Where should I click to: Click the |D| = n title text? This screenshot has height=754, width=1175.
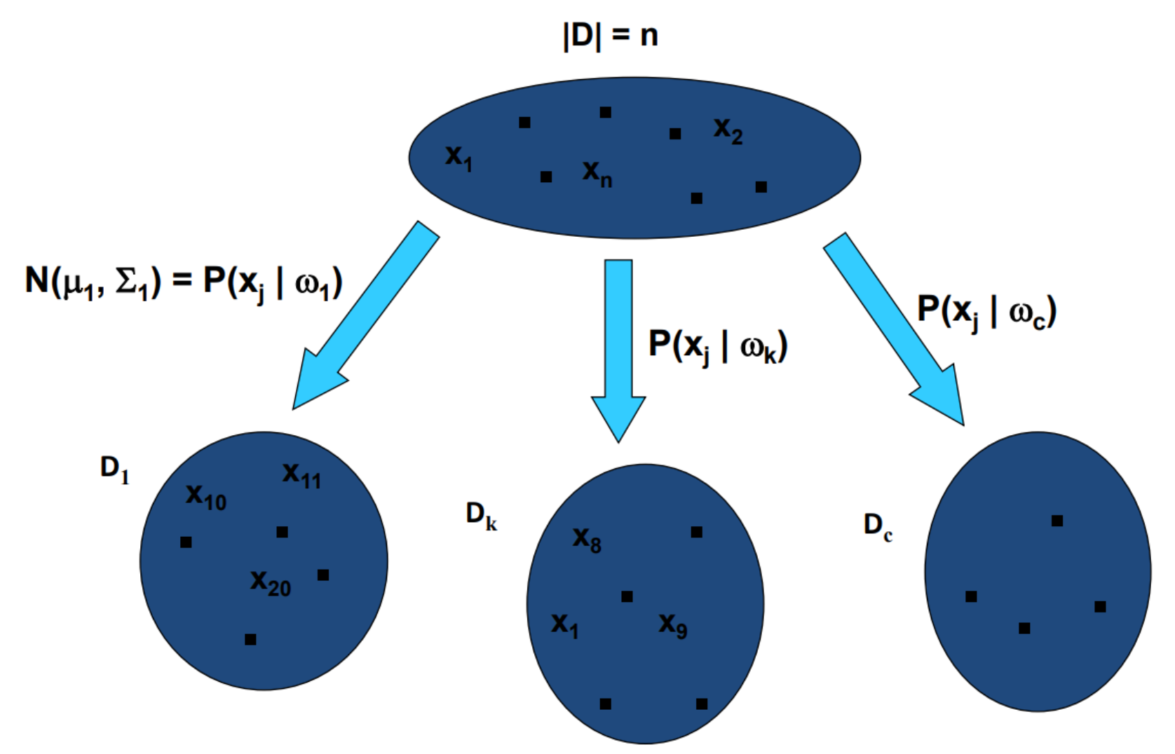point(610,35)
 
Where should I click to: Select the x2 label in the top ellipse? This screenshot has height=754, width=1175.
point(728,130)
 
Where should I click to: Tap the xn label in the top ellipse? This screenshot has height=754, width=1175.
point(597,173)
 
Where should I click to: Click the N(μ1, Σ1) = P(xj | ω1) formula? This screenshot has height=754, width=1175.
point(184,282)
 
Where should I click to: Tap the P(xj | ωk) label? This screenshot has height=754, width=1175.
point(718,345)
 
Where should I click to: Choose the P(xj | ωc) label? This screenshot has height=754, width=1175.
point(986,310)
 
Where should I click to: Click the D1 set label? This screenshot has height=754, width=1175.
point(115,469)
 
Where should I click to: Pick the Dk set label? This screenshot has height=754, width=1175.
point(482,516)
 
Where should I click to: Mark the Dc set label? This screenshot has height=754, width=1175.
point(878,526)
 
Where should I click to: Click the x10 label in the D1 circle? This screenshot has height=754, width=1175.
point(205,497)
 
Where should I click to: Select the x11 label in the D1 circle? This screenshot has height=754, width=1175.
point(301,475)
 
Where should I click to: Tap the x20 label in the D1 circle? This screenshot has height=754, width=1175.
point(271,583)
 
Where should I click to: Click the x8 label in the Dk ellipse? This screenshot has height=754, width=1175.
point(587,540)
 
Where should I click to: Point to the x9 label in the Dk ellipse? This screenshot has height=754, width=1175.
point(673,625)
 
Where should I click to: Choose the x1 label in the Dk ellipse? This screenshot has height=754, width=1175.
point(565,625)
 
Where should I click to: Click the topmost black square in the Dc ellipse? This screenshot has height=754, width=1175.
point(1057,521)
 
